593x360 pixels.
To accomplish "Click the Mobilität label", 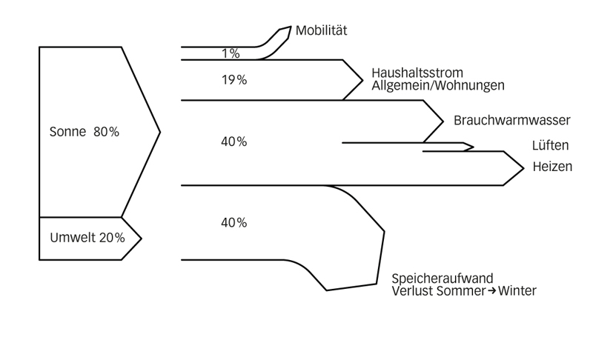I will click(x=322, y=31).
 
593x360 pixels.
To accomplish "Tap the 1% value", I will click(x=231, y=53).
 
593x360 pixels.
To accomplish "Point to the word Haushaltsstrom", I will click(x=417, y=73).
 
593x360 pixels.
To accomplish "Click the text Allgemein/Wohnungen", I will click(x=438, y=85).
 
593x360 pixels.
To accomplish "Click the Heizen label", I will click(x=552, y=167).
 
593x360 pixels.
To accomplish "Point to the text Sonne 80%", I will click(x=84, y=133).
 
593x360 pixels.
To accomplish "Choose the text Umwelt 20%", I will click(x=87, y=238).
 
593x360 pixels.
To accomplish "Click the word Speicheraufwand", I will click(x=443, y=279).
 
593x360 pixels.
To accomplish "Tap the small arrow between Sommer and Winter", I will click(x=490, y=291).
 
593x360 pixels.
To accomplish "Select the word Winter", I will click(x=517, y=291).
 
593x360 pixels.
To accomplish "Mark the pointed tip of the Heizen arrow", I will click(x=524, y=168).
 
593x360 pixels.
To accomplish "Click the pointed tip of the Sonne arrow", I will click(x=160, y=133).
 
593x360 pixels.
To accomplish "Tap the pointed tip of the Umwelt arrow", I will click(x=141, y=239).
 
